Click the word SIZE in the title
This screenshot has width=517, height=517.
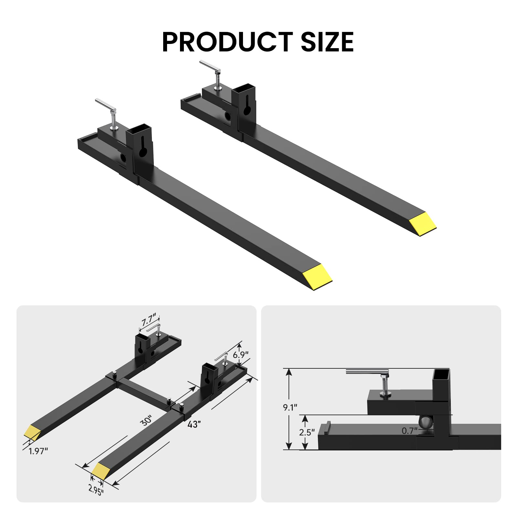[327, 42]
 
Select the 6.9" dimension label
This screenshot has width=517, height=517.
[241, 354]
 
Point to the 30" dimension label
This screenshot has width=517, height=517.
[146, 421]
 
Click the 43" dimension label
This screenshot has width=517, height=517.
[194, 424]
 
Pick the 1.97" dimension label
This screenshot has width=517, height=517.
[38, 451]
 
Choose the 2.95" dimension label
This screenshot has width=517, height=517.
[96, 490]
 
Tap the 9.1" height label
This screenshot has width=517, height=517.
[290, 407]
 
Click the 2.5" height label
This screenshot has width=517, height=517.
[306, 432]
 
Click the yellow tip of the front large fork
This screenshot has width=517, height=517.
[319, 277]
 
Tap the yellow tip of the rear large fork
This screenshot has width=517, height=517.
[423, 224]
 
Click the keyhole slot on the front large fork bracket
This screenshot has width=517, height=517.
[142, 147]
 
